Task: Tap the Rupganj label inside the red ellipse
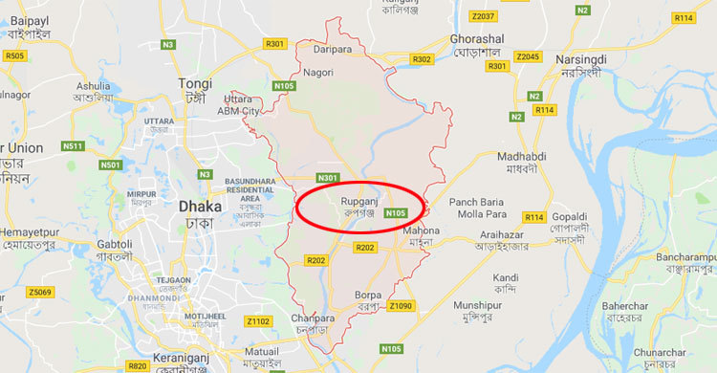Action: point(359,201)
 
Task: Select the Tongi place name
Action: point(195,84)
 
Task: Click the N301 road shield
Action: point(328,178)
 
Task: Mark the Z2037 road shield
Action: point(484,16)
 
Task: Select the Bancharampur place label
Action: point(685,257)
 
